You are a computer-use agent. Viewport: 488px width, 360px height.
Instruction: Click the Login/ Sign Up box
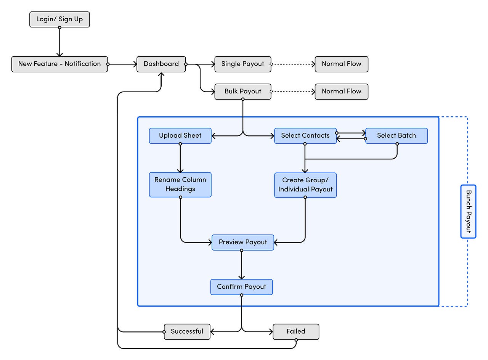click(59, 19)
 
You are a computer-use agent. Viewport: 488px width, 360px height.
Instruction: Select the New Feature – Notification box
click(59, 64)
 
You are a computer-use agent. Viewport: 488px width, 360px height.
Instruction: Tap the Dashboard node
click(161, 64)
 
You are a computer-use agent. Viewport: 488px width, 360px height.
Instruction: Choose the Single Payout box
click(243, 64)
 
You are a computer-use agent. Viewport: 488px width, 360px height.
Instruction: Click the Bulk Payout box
click(243, 92)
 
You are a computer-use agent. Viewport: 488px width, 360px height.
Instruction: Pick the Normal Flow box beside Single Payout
click(341, 64)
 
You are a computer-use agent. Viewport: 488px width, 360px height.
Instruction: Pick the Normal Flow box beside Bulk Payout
click(341, 92)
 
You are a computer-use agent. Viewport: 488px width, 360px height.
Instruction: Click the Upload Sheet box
click(180, 136)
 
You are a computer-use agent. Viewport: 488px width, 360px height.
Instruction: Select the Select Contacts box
click(305, 136)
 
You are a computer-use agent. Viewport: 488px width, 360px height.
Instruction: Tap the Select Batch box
click(396, 136)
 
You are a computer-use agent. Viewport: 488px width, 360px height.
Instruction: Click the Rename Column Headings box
click(180, 185)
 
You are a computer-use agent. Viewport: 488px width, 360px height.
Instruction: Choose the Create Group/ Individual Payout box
click(305, 185)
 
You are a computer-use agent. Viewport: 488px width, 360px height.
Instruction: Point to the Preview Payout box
click(243, 243)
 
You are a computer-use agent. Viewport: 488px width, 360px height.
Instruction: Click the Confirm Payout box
click(241, 287)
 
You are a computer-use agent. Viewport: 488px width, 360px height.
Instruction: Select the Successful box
click(187, 332)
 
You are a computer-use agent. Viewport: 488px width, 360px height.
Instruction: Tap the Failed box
click(296, 332)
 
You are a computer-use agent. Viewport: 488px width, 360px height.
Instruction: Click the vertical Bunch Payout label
click(468, 211)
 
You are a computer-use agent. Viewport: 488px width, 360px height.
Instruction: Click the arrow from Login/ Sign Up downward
click(59, 42)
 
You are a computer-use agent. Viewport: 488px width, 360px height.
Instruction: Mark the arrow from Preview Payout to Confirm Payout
click(241, 265)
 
